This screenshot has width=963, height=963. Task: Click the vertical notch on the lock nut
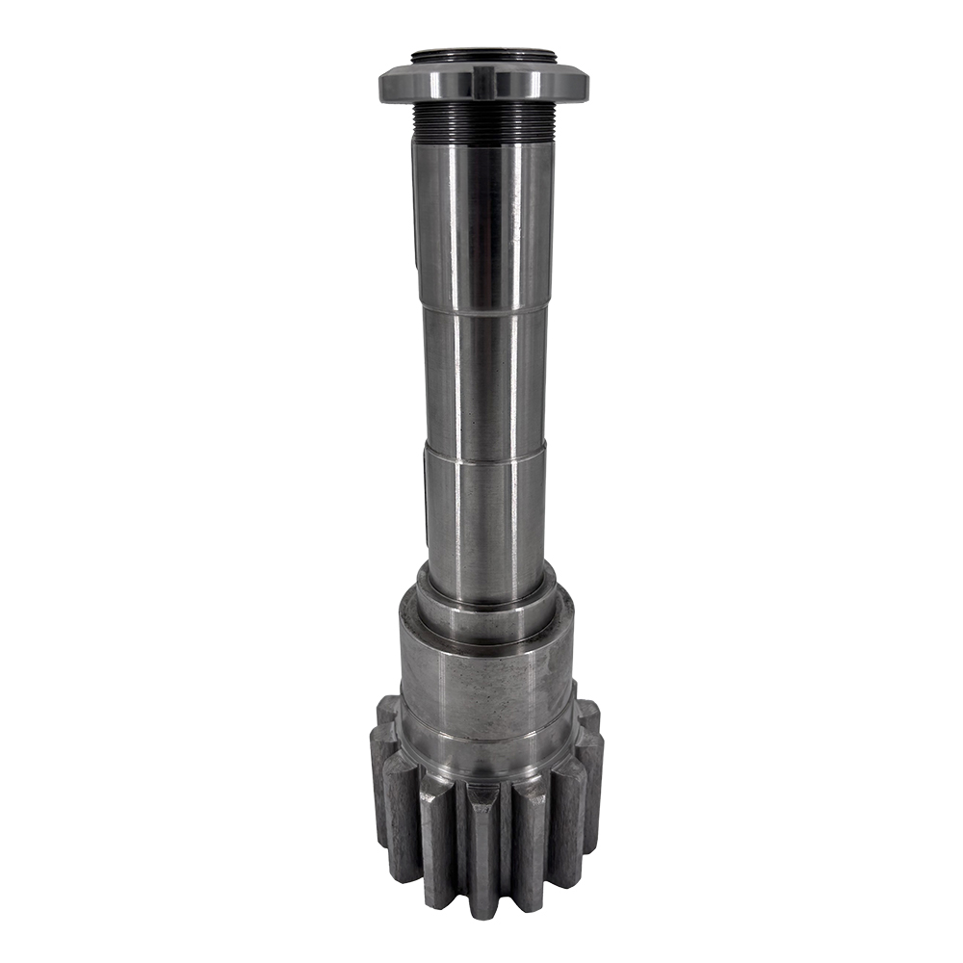[478, 82]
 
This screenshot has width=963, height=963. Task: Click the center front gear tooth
[482, 847]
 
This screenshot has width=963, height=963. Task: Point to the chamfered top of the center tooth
[482, 795]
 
